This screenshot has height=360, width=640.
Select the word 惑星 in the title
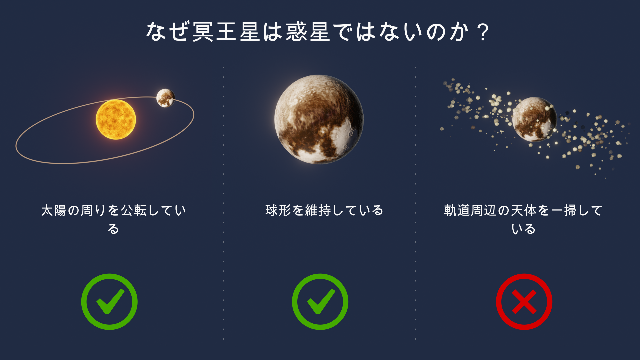coord(308,32)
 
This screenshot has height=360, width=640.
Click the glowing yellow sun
coord(116,119)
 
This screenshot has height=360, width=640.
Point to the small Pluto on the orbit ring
coord(165,98)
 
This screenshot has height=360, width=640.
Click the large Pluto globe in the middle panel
coord(319,119)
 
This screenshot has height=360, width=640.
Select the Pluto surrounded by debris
coord(534,119)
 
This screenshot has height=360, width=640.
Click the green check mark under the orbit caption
coord(109,302)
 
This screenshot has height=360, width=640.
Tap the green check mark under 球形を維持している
coord(320,302)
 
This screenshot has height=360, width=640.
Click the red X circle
coord(524,302)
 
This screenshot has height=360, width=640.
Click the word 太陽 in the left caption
coord(54,210)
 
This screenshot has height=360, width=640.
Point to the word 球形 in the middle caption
coord(278,210)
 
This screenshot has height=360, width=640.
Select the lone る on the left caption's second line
coord(113,229)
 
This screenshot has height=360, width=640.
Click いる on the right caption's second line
coord(523,229)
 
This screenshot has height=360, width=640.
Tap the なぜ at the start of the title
coord(168,32)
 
